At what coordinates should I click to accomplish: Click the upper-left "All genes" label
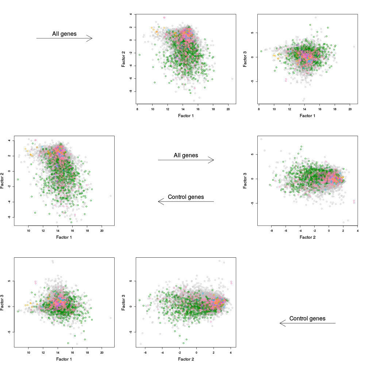64,34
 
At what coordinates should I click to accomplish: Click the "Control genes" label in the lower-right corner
307,319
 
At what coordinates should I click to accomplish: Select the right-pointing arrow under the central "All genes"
186,160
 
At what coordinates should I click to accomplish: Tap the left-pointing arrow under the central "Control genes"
186,201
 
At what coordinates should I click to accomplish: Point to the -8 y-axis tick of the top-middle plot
130,91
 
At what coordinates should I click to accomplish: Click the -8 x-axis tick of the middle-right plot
271,231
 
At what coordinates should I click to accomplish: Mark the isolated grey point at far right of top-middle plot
232,78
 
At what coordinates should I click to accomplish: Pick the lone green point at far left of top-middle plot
139,55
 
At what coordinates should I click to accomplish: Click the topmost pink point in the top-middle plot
164,18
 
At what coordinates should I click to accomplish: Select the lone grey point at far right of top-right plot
354,47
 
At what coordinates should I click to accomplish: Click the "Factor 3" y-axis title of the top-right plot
245,58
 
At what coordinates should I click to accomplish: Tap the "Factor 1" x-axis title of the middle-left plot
64,238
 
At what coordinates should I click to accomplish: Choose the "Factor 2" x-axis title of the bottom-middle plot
186,360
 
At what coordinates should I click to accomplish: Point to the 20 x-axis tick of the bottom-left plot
102,353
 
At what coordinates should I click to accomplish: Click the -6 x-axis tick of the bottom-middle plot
145,353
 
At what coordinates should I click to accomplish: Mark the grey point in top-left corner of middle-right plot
261,139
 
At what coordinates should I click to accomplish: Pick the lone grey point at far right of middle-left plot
111,196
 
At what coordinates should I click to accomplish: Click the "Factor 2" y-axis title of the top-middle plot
123,58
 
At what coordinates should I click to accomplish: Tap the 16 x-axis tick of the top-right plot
319,109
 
